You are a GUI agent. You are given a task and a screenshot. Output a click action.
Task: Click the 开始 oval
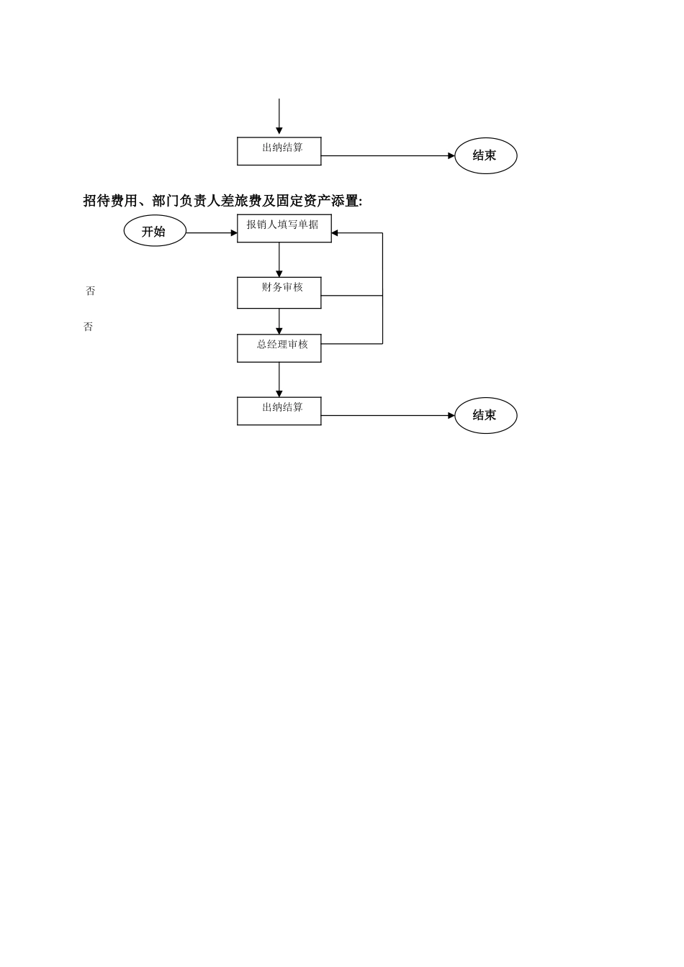155,231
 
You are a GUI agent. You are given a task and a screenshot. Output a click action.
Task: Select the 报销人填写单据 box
284,228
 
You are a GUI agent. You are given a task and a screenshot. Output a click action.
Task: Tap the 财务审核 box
279,293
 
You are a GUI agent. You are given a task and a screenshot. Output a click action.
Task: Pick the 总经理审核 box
279,348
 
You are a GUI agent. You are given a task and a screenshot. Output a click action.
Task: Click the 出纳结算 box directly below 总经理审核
279,411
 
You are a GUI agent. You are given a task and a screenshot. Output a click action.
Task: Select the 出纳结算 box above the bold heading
279,151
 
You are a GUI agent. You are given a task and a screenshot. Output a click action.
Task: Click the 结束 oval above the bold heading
485,155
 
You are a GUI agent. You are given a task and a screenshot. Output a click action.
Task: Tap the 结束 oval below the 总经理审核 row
485,415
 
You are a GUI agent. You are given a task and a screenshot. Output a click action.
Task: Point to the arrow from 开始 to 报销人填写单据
211,233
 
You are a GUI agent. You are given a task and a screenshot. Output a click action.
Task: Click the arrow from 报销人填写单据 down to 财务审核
279,260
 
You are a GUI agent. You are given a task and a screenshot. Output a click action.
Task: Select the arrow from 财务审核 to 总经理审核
279,321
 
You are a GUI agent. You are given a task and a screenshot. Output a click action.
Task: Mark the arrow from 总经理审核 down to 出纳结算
279,379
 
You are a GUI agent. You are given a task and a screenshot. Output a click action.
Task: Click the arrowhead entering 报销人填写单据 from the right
336,233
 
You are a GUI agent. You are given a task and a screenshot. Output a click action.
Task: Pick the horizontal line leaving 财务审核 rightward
351,296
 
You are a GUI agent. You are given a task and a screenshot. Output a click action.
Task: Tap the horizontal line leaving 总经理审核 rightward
351,344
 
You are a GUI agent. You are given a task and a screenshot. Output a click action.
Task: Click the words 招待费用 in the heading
110,201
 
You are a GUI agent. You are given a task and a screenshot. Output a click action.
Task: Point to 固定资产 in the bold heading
303,201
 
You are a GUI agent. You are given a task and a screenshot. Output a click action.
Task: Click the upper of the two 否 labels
90,291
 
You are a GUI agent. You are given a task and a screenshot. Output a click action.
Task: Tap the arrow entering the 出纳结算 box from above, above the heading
279,116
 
